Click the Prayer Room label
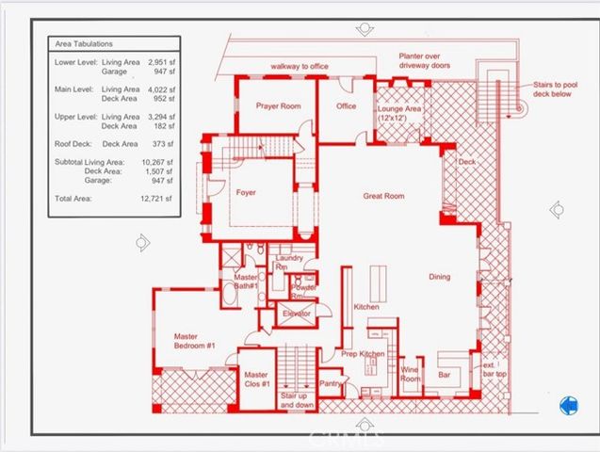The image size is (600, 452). click(x=278, y=106)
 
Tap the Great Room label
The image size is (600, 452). click(x=383, y=196)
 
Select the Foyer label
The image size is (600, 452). click(x=246, y=192)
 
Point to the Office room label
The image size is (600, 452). click(x=347, y=106)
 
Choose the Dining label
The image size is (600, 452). click(x=439, y=277)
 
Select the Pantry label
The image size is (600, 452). click(x=330, y=383)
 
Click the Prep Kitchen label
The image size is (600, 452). click(x=362, y=354)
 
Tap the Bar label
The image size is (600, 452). click(x=446, y=375)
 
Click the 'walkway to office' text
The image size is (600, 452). click(x=300, y=67)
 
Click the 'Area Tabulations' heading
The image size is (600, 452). click(x=85, y=45)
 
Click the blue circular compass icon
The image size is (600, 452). click(x=568, y=406)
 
